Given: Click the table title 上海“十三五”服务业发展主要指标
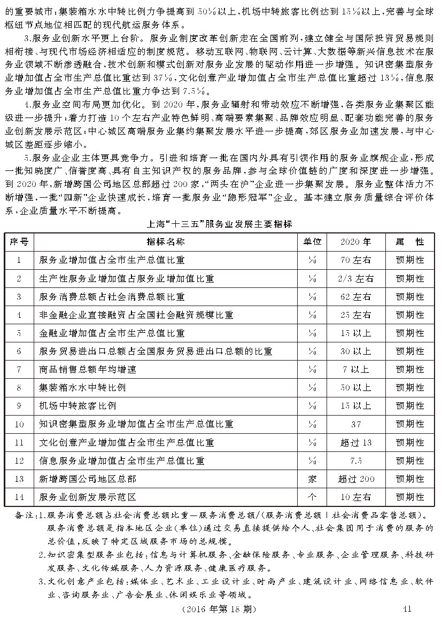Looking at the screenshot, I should (x=219, y=223).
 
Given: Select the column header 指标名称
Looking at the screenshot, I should (x=166, y=241).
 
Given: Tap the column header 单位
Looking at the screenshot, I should (x=312, y=241).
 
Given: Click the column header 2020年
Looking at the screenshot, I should (x=356, y=241).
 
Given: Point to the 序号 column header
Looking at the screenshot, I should (x=19, y=241).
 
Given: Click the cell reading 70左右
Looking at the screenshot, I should (x=356, y=260).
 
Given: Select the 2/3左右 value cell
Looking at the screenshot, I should (x=356, y=278).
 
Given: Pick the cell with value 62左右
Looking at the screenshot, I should (x=356, y=296).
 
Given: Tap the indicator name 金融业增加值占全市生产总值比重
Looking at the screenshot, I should (x=112, y=333).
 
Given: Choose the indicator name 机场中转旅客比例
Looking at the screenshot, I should (x=77, y=405).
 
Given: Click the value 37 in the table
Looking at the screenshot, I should (x=356, y=424).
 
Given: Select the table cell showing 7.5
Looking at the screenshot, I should (x=356, y=460).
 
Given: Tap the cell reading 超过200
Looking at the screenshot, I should (x=356, y=479).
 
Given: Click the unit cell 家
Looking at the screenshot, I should (x=312, y=479).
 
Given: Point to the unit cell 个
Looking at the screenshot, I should (x=312, y=497).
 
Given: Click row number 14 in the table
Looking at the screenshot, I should (x=19, y=497).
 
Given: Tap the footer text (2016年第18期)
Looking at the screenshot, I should (x=219, y=609).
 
